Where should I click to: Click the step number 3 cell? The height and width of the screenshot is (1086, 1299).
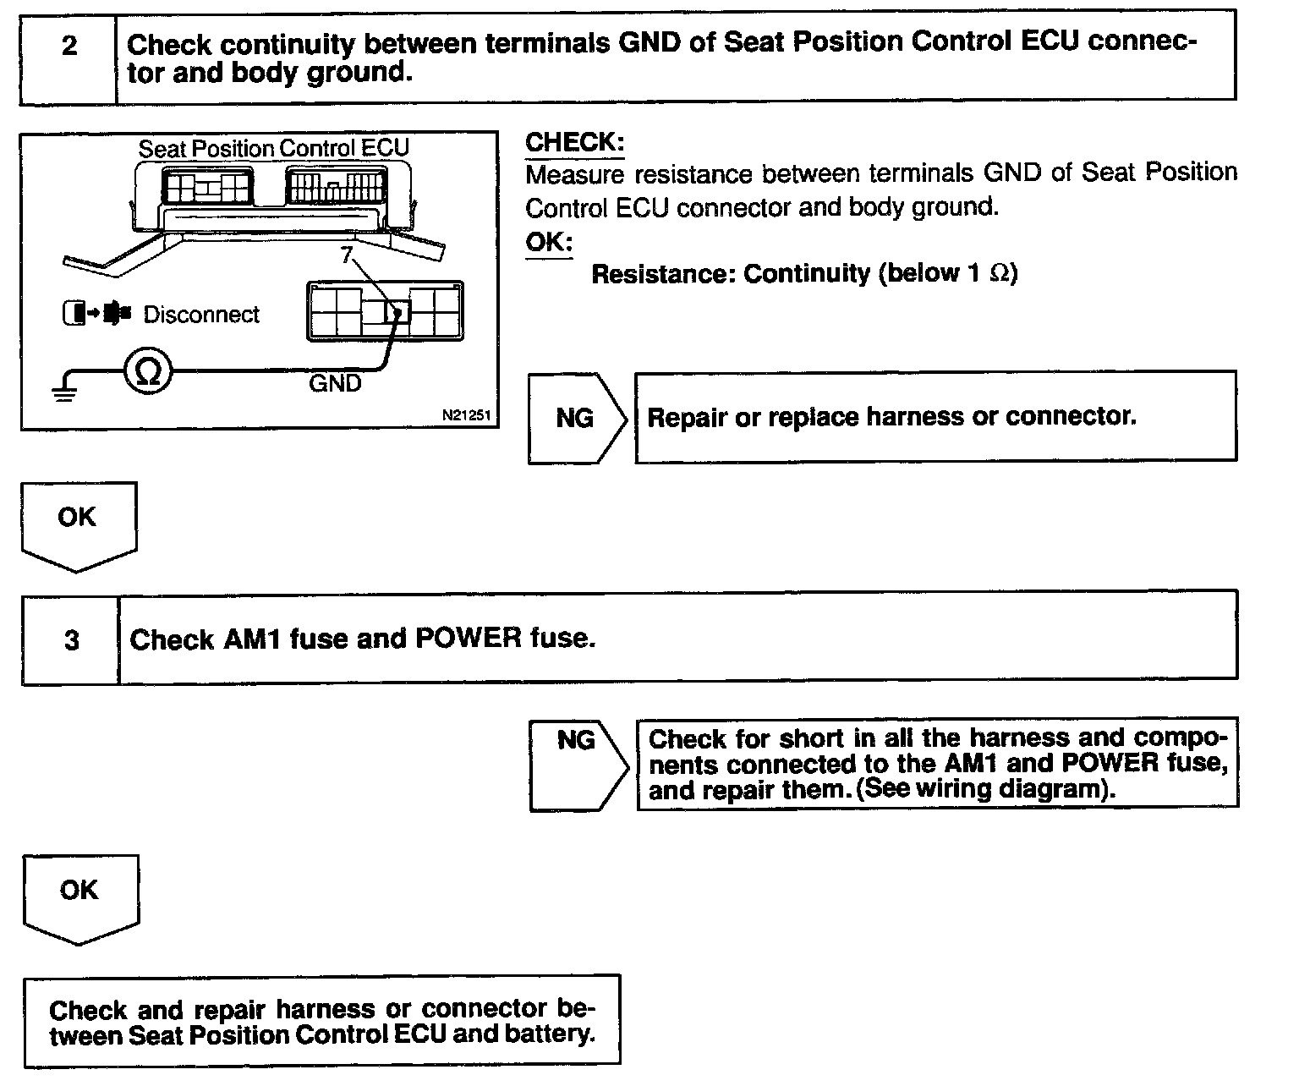tap(71, 640)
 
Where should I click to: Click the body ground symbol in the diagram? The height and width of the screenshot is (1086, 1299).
tap(64, 391)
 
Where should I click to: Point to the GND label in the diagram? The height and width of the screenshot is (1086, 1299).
tap(335, 383)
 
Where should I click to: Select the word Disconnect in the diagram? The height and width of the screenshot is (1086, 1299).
tap(201, 315)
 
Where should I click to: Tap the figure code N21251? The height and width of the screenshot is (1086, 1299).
tap(465, 416)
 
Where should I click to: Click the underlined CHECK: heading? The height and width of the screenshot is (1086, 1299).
tap(574, 142)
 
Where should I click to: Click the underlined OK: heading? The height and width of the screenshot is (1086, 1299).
tap(549, 242)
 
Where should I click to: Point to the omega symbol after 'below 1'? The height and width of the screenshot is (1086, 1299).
tap(999, 274)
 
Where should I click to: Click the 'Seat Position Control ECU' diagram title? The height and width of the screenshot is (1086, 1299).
tap(273, 148)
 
